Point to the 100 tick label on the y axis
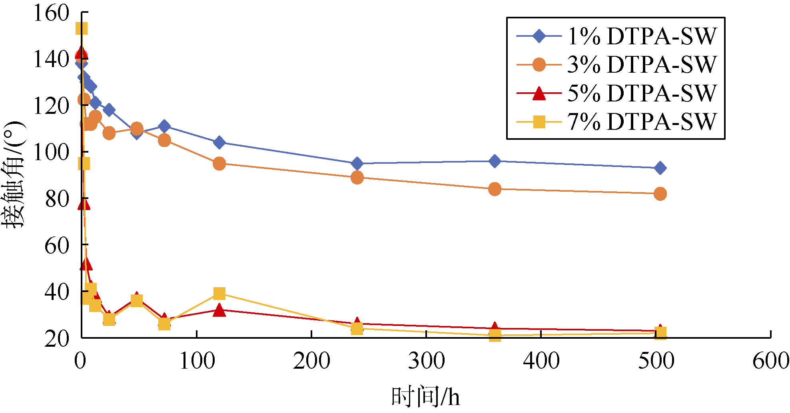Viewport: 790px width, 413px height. coord(52,152)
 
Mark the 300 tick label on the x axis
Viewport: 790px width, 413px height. coord(426,361)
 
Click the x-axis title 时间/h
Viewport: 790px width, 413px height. coord(425,397)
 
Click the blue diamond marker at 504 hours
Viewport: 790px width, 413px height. coord(660,168)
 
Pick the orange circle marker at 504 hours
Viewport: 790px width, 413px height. coord(660,194)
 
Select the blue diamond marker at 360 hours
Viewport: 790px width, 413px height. coord(495,161)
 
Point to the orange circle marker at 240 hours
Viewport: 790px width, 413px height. coord(357,177)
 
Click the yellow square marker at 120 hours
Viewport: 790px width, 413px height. coord(219,294)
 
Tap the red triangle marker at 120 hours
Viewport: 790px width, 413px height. coord(219,310)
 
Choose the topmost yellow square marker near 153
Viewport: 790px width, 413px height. coord(82,28)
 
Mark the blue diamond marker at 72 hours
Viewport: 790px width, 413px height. coord(164,127)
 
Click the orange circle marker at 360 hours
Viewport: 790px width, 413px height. coord(495,189)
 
